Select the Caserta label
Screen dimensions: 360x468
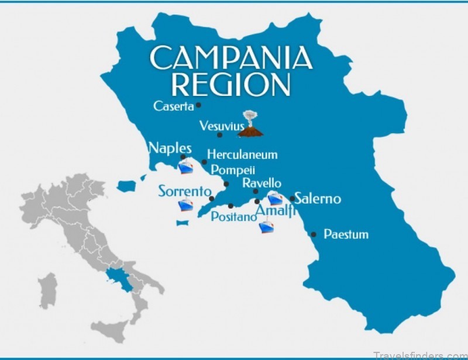[x=173, y=106]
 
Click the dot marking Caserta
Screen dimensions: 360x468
[x=199, y=105]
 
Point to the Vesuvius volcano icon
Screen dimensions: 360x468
[x=250, y=125]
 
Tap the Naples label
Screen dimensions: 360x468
[x=170, y=147]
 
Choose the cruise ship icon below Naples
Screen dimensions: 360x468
[x=186, y=167]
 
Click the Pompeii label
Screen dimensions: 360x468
[x=233, y=170]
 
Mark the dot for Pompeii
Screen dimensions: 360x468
[x=226, y=184]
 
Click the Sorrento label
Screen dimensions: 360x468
[x=184, y=191]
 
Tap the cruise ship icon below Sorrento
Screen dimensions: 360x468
[x=185, y=206]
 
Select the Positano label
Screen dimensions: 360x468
[x=233, y=217]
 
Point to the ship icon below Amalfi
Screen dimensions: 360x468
[x=265, y=226]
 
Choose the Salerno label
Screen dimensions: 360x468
[x=318, y=199]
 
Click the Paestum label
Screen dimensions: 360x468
[x=346, y=234]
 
